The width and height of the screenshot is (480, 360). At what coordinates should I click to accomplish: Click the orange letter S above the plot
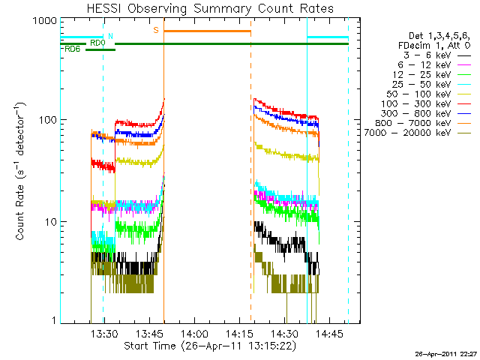[x=156, y=30]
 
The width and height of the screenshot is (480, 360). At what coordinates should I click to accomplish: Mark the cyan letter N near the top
[x=111, y=35]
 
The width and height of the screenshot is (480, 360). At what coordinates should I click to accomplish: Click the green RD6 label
[x=73, y=49]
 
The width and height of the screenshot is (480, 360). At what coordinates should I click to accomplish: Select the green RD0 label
[x=97, y=43]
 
